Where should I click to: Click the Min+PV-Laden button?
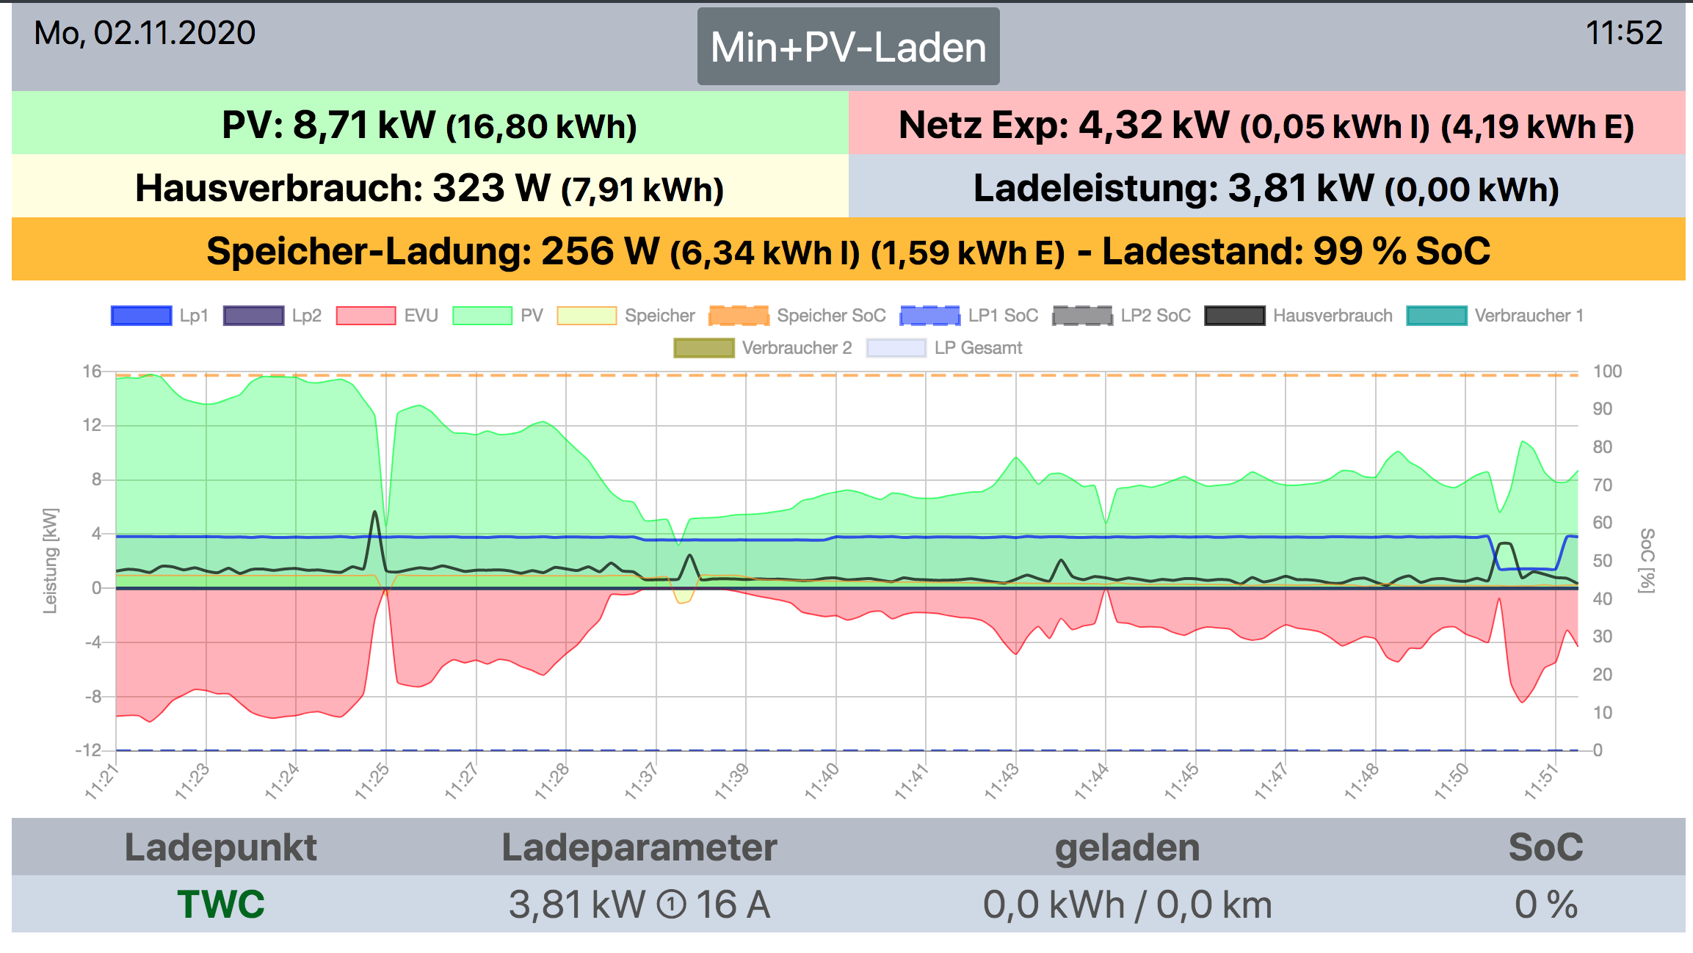848,47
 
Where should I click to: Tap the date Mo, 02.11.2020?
145,33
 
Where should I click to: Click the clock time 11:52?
1623,33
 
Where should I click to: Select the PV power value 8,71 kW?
364,125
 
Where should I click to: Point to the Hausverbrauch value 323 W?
491,188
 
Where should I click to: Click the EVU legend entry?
388,316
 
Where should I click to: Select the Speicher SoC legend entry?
798,316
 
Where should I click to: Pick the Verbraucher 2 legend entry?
763,348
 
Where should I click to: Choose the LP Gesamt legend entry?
944,348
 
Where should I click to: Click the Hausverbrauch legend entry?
1299,316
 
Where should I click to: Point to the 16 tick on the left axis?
92,372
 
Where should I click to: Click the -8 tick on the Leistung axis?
93,697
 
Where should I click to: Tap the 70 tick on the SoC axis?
1602,485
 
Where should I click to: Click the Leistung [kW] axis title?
49,560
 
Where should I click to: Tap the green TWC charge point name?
220,904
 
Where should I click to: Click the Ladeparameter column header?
639,847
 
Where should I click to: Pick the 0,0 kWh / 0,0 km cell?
1127,904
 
